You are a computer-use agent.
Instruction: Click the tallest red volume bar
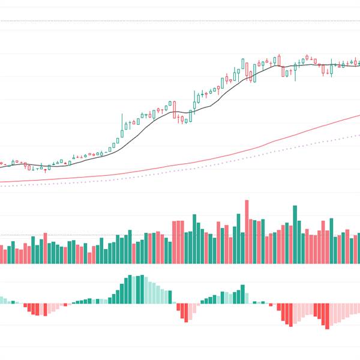(x=247, y=231)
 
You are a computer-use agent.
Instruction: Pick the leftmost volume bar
(x=1, y=254)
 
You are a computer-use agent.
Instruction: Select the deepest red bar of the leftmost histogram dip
(x=37, y=310)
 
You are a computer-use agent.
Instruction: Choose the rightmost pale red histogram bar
(x=358, y=308)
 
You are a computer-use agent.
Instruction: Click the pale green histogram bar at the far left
(x=2, y=300)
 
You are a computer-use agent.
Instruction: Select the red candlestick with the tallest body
(x=175, y=109)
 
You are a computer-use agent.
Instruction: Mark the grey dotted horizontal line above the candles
(x=180, y=21)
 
